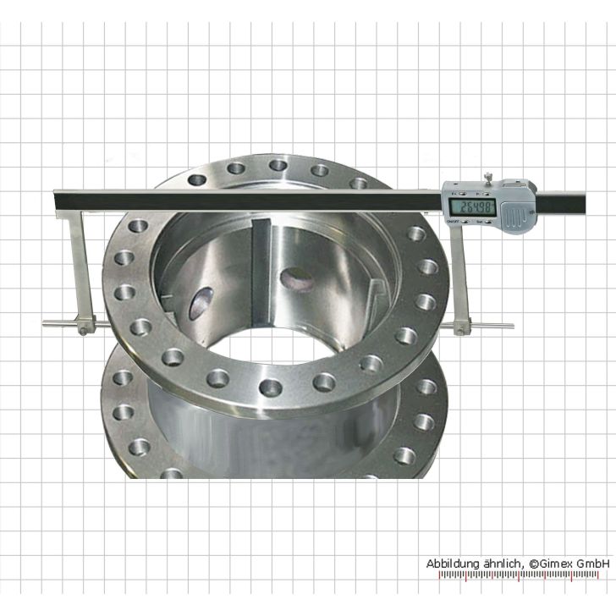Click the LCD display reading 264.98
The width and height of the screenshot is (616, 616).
(472, 206)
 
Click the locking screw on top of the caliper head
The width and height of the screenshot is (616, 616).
(488, 179)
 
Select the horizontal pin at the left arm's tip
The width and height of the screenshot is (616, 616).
(59, 322)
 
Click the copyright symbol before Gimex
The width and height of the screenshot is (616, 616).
(534, 564)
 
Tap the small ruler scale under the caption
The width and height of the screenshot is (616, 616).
(525, 576)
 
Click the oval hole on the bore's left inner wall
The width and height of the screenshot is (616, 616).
(201, 302)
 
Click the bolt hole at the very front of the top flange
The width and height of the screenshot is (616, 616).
(271, 388)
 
